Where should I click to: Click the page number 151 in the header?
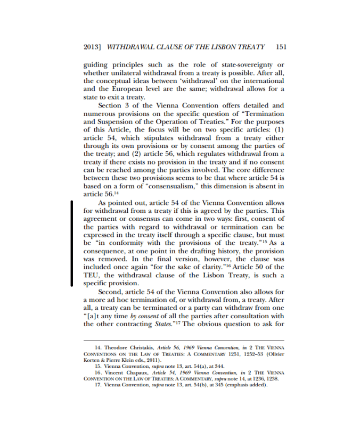pos(282,47)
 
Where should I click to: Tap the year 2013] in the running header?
pos(93,47)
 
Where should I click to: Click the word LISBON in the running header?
pos(219,47)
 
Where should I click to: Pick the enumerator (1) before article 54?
pos(277,130)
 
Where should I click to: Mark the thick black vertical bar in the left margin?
pos(71,243)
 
